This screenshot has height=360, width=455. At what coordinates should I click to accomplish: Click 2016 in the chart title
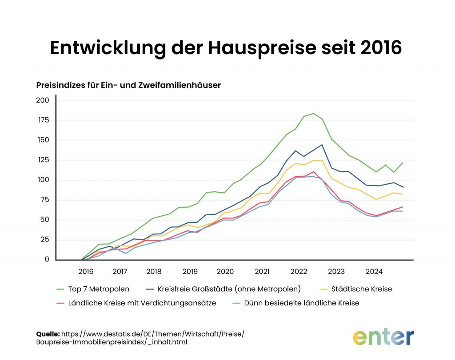coord(380,48)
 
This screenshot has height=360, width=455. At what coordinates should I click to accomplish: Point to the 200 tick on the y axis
coord(42,100)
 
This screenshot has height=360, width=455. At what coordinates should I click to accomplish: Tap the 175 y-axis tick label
coord(43,120)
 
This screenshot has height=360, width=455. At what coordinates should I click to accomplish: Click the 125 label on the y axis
coord(43,160)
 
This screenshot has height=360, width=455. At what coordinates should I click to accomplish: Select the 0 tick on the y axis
coord(46,260)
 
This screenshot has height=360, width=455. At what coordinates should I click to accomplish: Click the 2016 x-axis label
coord(85,271)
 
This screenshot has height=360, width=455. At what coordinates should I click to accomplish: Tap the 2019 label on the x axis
coord(190,271)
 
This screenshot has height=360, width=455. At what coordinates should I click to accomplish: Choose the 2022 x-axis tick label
coord(299,271)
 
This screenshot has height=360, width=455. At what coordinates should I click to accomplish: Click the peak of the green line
coord(313,114)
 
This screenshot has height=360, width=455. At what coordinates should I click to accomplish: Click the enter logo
coord(383,337)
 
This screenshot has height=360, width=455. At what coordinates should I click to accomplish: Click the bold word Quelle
coord(48,334)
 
